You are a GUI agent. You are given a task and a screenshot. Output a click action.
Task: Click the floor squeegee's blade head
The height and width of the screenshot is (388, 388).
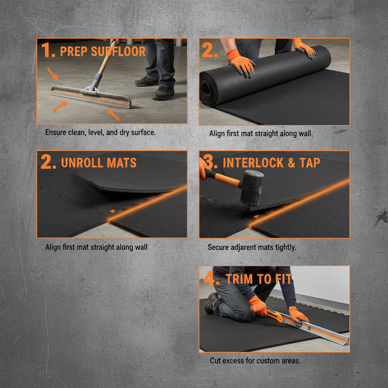91,96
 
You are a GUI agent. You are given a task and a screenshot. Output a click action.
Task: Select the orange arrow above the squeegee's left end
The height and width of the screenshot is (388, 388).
53,74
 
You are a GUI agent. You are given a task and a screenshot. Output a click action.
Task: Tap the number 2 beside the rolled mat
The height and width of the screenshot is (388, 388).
210,50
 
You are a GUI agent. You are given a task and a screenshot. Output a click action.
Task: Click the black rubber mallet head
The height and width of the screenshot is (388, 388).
252,187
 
